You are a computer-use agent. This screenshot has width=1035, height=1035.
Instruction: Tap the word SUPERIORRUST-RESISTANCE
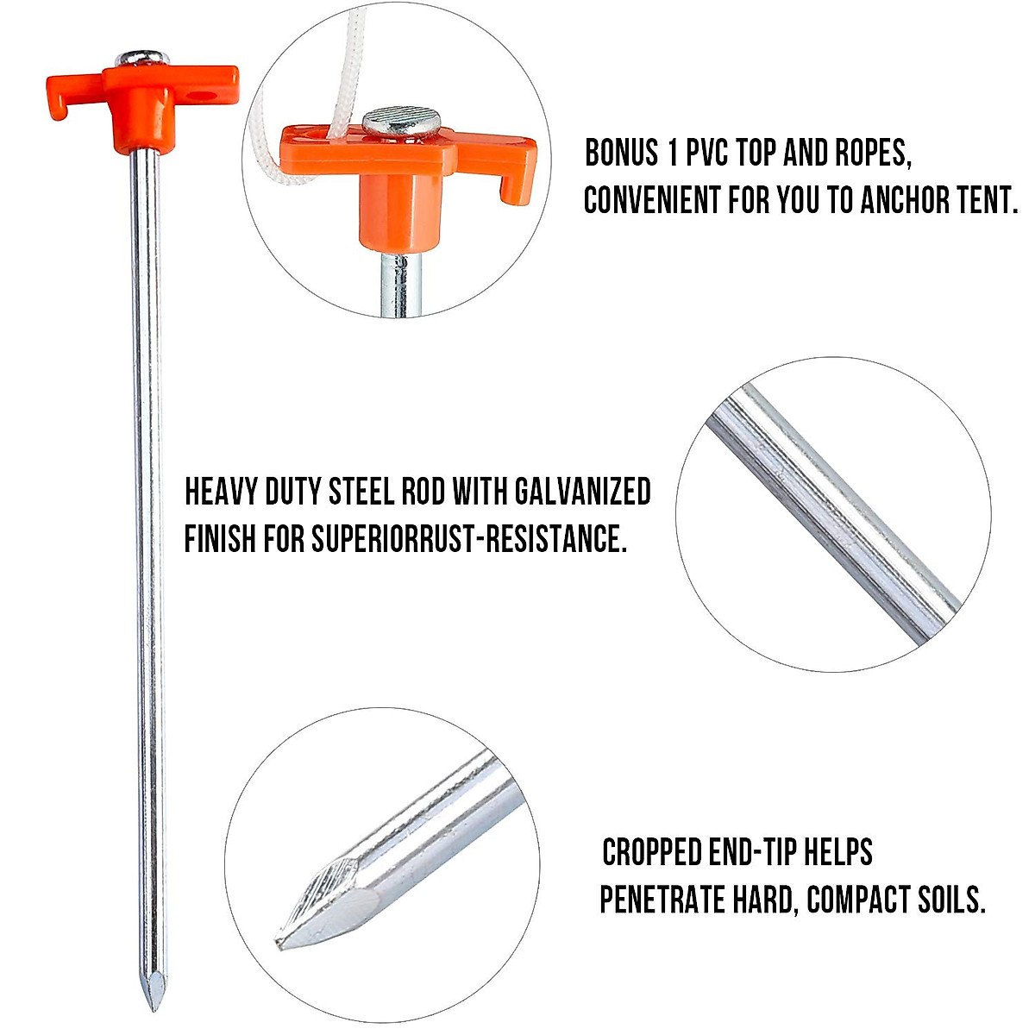(x=467, y=539)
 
